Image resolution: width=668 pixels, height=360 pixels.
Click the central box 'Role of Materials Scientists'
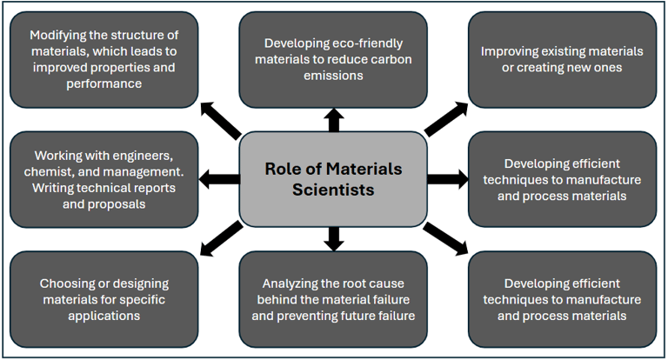click(333, 179)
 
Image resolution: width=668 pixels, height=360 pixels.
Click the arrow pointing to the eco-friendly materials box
click(333, 119)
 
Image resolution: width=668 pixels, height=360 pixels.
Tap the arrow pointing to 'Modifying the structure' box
click(220, 119)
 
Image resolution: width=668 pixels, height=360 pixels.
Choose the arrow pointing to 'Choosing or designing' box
click(220, 238)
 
